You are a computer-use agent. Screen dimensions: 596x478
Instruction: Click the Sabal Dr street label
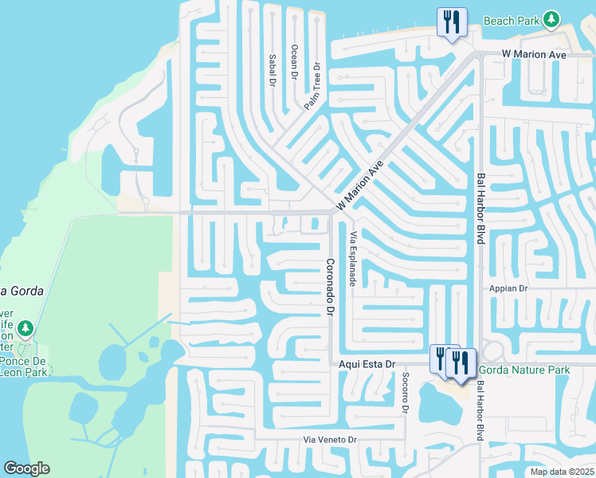tap(272, 70)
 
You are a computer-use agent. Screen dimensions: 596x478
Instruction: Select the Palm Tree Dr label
tap(312, 86)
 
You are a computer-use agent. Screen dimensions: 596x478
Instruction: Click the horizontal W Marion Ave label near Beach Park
tap(533, 54)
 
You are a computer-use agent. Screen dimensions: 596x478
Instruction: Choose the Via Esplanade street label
tap(351, 259)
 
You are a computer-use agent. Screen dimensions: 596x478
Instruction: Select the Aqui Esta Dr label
tap(367, 364)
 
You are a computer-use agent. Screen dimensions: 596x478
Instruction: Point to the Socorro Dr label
tap(405, 394)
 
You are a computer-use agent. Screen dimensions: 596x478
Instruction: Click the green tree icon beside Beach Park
tap(551, 18)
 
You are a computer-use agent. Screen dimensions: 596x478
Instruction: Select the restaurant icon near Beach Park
tap(452, 22)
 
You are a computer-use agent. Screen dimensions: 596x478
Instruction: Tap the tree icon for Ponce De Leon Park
tap(25, 328)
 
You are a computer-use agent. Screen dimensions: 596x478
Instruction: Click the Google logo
tap(26, 468)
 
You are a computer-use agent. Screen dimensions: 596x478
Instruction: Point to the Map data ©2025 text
tap(561, 472)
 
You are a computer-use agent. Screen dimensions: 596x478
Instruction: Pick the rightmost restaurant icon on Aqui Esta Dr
tap(461, 362)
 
